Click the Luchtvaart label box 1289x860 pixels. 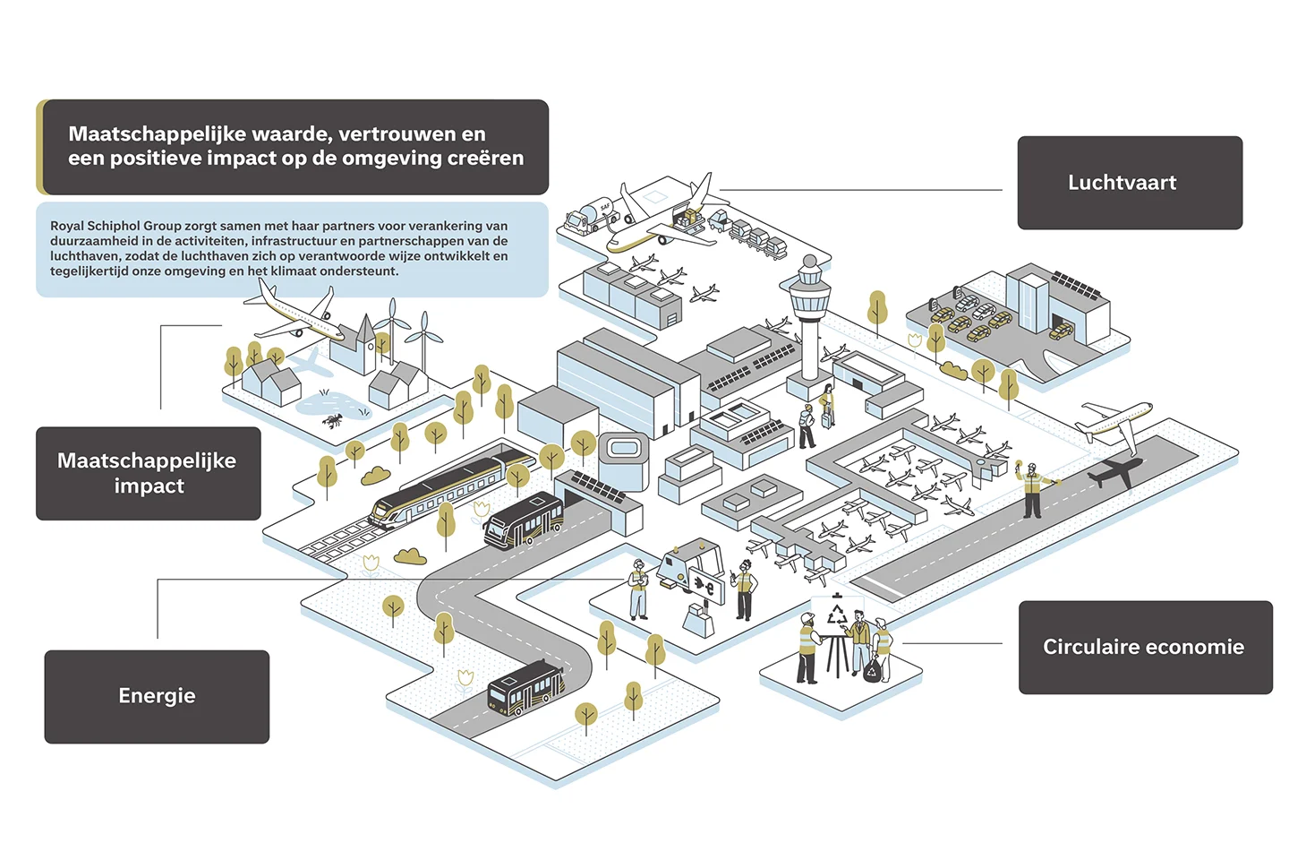coord(1129,183)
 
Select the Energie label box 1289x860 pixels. coord(157,696)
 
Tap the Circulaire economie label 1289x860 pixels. coord(1145,647)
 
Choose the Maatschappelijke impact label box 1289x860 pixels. coord(148,474)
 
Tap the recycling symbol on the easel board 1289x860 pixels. coord(836,614)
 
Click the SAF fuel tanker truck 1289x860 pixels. coord(590,217)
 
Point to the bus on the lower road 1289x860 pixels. coord(525,688)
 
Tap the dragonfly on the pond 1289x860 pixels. coord(333,420)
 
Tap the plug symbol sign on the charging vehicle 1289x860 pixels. coord(707,586)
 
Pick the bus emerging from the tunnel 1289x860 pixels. coord(523,520)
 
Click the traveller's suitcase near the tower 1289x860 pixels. coord(827,418)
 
